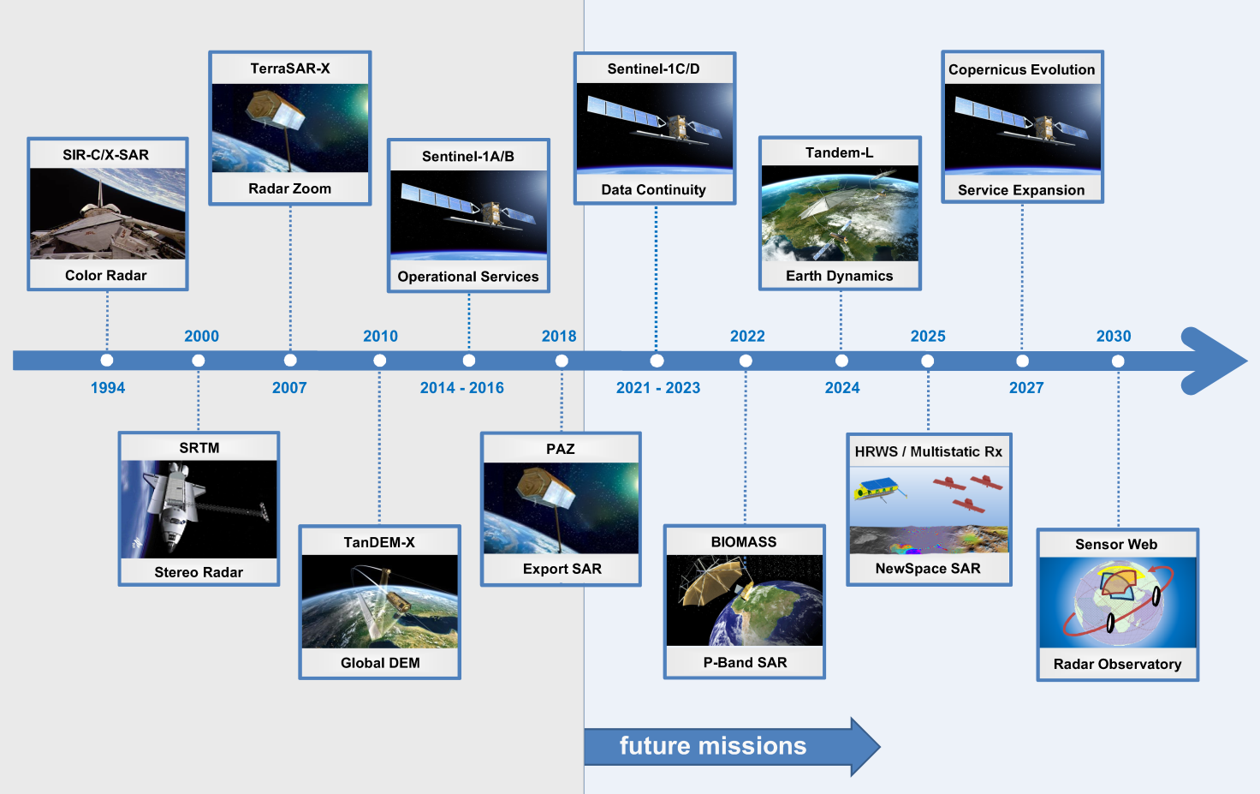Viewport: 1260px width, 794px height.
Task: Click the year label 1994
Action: (108, 388)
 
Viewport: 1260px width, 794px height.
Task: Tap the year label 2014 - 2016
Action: (462, 388)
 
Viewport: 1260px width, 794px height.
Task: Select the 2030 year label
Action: (1113, 336)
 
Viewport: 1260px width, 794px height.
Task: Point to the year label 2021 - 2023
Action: (658, 388)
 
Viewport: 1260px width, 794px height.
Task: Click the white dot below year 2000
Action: (198, 360)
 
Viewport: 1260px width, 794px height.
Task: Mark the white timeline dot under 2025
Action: (928, 361)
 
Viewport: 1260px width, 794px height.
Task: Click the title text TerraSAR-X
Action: (290, 69)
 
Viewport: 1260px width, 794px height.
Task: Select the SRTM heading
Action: (199, 448)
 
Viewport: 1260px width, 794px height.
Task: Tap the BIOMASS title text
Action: (744, 542)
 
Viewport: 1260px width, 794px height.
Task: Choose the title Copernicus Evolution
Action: (1021, 69)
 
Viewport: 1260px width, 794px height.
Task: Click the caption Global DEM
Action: (380, 663)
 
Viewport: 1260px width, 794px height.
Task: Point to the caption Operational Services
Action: (468, 277)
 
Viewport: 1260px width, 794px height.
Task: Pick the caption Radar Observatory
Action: (1117, 665)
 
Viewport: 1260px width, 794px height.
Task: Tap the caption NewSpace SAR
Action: (928, 569)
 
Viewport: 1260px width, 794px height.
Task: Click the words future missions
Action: (713, 745)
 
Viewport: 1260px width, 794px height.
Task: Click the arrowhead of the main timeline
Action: (1215, 361)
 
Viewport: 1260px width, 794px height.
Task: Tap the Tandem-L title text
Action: (839, 153)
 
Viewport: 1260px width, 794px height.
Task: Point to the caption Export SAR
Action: (562, 569)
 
